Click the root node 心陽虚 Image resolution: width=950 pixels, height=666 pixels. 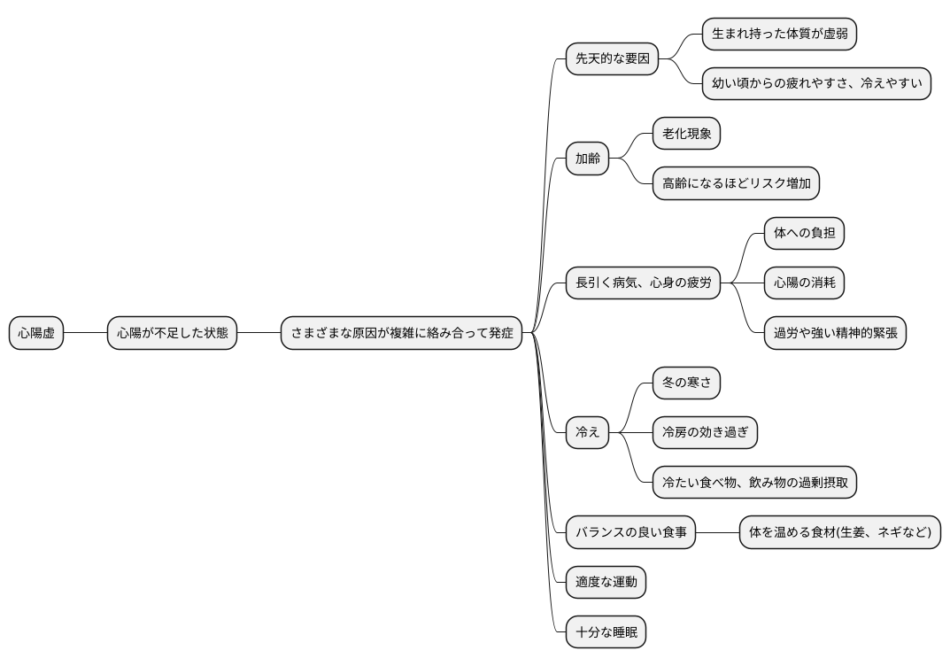(36, 333)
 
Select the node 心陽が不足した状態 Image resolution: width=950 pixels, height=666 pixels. (172, 333)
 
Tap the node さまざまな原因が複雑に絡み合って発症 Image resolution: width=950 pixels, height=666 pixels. (402, 333)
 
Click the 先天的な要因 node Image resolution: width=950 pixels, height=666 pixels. (613, 59)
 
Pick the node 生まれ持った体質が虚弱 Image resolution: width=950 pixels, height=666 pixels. (779, 35)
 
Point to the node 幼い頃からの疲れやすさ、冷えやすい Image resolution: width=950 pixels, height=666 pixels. (816, 84)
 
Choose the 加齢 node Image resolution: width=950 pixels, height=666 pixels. (588, 159)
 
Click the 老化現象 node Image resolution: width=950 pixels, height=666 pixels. (686, 135)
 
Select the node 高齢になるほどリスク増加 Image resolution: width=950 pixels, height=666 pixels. (736, 184)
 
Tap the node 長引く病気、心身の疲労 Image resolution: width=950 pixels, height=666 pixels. (643, 283)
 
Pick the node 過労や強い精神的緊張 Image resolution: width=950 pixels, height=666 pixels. (835, 333)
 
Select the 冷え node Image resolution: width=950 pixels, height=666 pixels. (588, 432)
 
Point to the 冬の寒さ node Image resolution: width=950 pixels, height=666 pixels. (686, 383)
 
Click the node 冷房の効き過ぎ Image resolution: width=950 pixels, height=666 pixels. (705, 432)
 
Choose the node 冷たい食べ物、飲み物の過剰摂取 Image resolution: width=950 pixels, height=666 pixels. (754, 483)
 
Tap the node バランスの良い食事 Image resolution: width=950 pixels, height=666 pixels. (630, 533)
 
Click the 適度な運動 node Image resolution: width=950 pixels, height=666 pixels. (606, 583)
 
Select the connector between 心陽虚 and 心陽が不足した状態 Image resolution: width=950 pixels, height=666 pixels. (86, 333)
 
